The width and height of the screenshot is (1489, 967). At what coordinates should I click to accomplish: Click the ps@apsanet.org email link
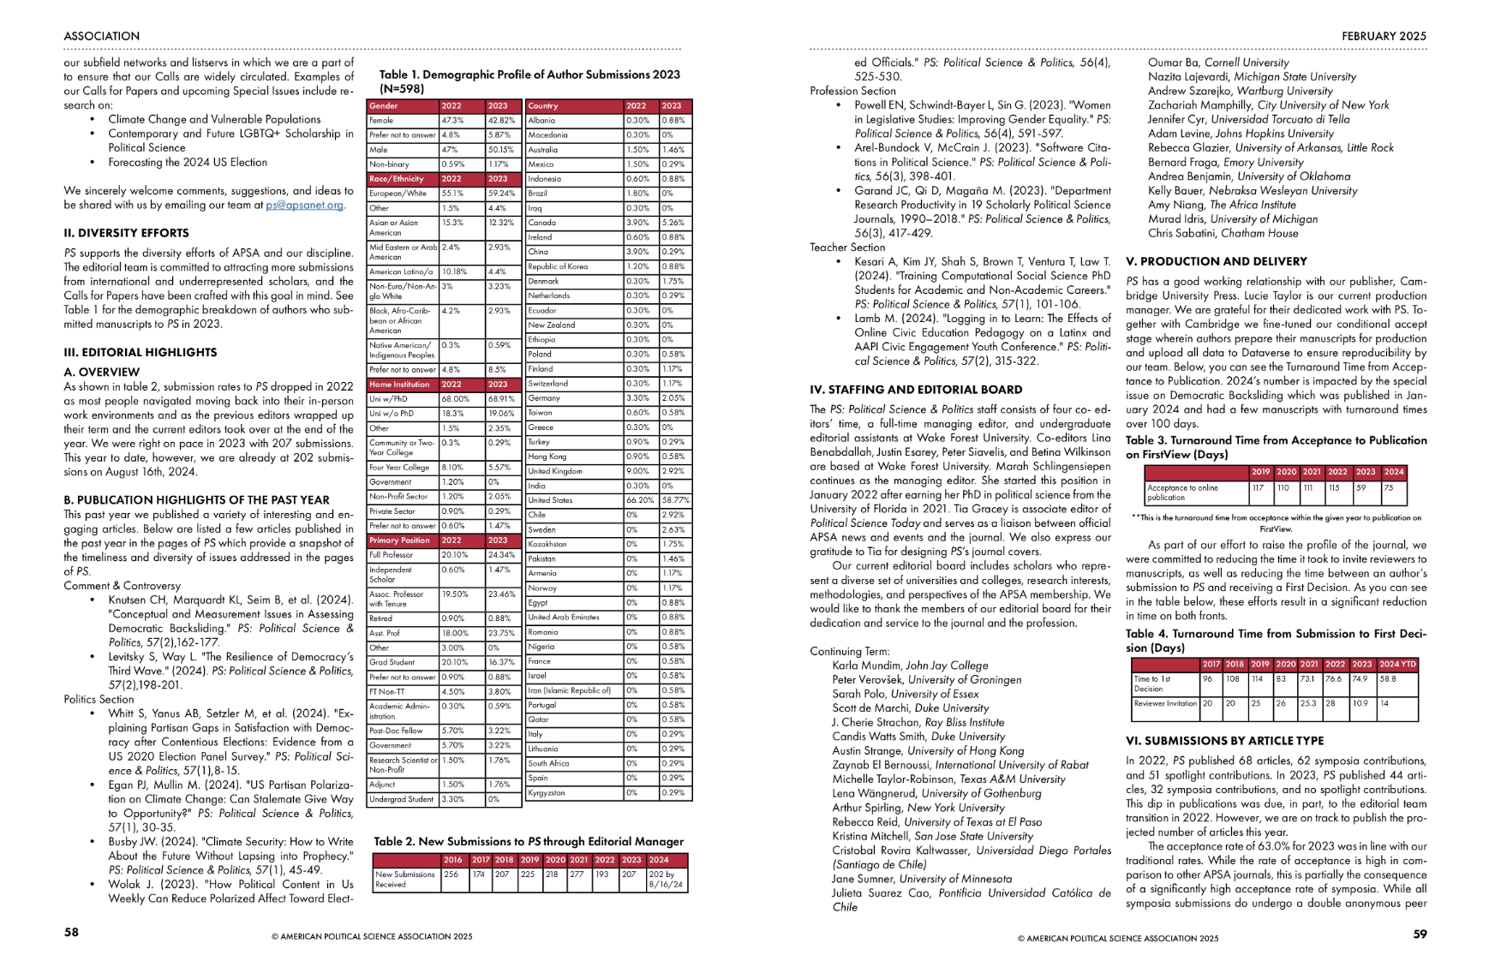pyautogui.click(x=304, y=206)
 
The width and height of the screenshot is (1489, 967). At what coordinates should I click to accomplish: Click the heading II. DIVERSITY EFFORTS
pyautogui.click(x=126, y=233)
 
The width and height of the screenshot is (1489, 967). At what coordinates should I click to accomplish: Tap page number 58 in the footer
pyautogui.click(x=71, y=932)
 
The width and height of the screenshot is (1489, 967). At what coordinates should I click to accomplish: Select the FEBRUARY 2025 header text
pyautogui.click(x=1384, y=36)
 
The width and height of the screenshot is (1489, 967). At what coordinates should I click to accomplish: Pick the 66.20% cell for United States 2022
pyautogui.click(x=639, y=500)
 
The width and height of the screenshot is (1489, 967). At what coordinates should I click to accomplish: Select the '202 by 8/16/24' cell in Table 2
pyautogui.click(x=667, y=880)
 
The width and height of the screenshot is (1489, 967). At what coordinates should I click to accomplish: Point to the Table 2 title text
pyautogui.click(x=528, y=841)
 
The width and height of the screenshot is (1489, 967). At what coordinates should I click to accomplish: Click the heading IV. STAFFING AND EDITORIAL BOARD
pyautogui.click(x=916, y=390)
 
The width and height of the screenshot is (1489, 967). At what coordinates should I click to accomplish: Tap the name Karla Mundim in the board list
pyautogui.click(x=867, y=666)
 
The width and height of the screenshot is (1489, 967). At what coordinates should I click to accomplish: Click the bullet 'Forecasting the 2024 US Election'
pyautogui.click(x=188, y=163)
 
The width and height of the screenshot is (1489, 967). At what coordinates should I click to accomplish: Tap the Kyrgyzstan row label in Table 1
pyautogui.click(x=547, y=793)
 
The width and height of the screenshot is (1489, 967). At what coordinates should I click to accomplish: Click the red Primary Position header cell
pyautogui.click(x=400, y=540)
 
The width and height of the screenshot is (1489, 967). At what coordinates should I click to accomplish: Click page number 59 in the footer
pyautogui.click(x=1420, y=934)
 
